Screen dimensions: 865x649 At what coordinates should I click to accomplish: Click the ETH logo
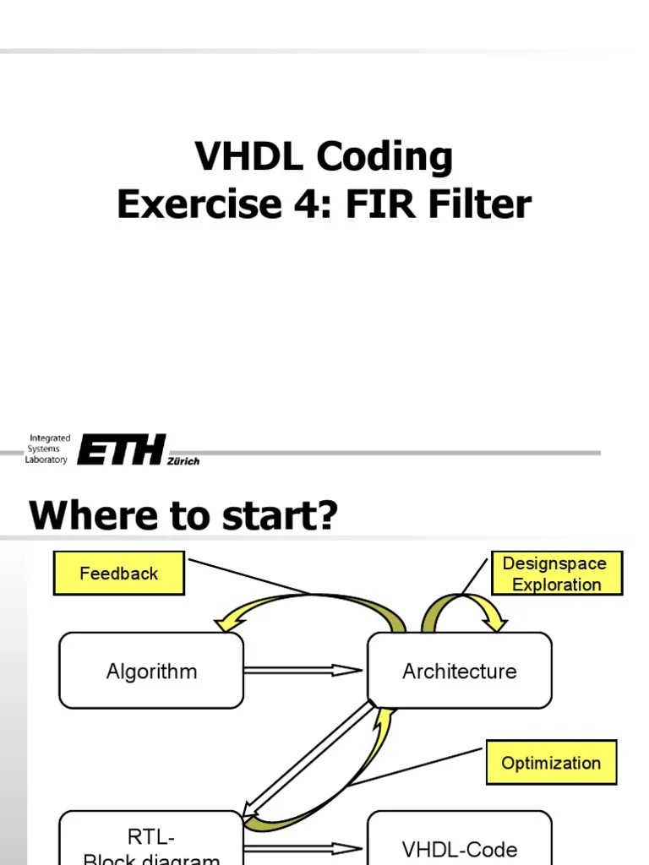(122, 449)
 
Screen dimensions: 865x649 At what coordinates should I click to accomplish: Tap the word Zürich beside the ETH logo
(183, 461)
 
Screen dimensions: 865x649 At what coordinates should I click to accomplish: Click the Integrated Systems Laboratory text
(50, 449)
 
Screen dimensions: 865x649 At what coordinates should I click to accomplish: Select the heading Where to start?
(183, 514)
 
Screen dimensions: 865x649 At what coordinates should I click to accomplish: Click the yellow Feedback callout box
(118, 574)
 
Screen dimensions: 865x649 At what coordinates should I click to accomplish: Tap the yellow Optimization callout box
(551, 763)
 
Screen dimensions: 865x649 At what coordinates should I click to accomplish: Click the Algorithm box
(151, 672)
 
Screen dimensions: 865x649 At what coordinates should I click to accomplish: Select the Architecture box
(459, 672)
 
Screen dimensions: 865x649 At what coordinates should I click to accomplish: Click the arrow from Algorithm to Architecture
(303, 671)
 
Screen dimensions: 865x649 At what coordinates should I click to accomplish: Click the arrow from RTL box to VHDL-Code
(303, 848)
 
